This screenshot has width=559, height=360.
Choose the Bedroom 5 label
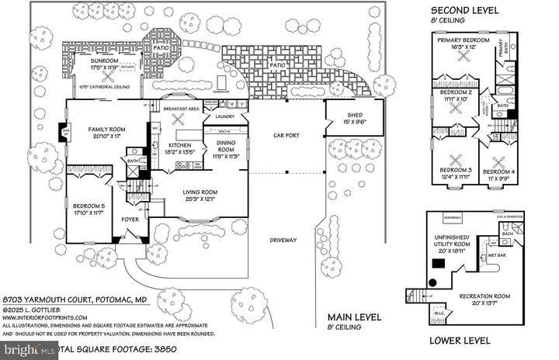[89, 207]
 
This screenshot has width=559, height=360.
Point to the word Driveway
[285, 241]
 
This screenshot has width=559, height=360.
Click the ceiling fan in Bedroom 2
[457, 108]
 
